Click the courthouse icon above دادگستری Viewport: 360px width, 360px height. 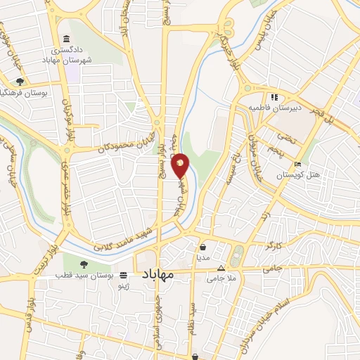click(66, 39)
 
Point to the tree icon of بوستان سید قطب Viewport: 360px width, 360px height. click(84, 265)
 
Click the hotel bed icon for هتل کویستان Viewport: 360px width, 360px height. click(298, 165)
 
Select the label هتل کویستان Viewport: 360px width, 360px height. click(297, 174)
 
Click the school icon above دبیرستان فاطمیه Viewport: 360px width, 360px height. click(274, 98)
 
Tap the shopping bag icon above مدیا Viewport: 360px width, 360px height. click(203, 247)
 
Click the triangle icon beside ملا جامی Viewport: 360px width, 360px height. click(221, 268)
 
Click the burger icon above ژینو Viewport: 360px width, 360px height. click(123, 276)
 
